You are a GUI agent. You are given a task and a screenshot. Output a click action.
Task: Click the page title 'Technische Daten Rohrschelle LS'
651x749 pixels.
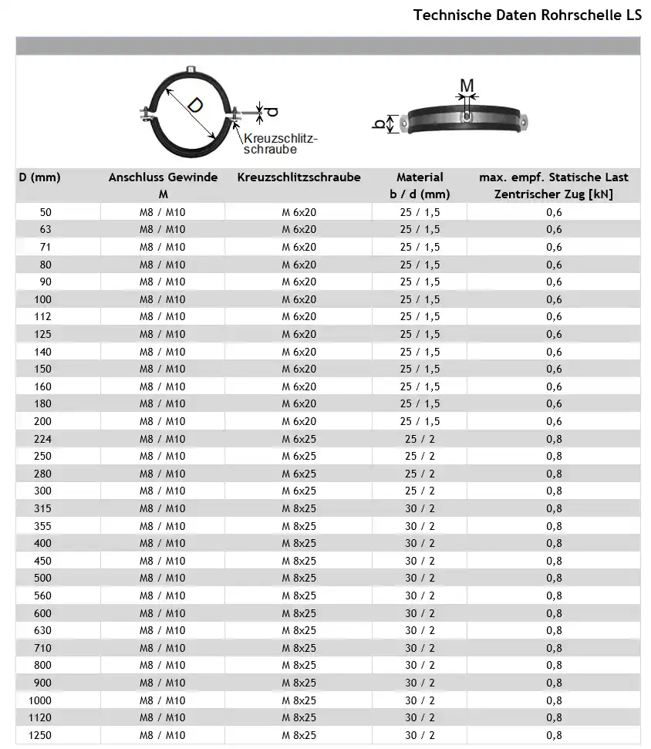tap(527, 15)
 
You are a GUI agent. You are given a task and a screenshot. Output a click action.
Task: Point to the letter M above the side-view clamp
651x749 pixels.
tap(467, 84)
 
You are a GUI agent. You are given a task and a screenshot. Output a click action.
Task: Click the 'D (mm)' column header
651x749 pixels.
tap(39, 177)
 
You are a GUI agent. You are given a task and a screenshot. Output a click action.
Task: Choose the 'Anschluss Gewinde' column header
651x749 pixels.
tap(163, 177)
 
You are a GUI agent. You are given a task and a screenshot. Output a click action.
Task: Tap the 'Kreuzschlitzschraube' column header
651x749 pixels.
tap(299, 177)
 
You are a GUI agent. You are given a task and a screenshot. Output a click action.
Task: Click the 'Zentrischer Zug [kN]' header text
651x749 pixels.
tap(553, 194)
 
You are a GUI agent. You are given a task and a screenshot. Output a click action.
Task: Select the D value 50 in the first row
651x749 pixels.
tap(45, 212)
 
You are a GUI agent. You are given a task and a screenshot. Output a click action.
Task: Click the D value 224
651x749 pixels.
tap(43, 439)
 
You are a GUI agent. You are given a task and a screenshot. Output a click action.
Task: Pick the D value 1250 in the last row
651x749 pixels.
tap(39, 735)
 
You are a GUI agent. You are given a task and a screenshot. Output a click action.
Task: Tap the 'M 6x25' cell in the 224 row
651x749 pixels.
tap(299, 439)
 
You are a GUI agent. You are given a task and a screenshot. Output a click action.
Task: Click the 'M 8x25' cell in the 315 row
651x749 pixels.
tap(299, 508)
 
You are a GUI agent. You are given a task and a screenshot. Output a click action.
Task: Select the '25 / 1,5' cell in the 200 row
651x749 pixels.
tap(420, 421)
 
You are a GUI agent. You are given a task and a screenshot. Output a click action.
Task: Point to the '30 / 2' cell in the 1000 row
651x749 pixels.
tap(420, 700)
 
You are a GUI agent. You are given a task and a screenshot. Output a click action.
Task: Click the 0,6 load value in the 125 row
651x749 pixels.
tap(554, 334)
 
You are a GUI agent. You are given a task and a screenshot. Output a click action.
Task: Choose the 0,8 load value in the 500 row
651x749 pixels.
tap(554, 579)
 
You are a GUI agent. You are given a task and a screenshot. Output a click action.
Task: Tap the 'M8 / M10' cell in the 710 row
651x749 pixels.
tap(162, 648)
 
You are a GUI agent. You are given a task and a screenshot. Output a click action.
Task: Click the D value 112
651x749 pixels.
tap(43, 317)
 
